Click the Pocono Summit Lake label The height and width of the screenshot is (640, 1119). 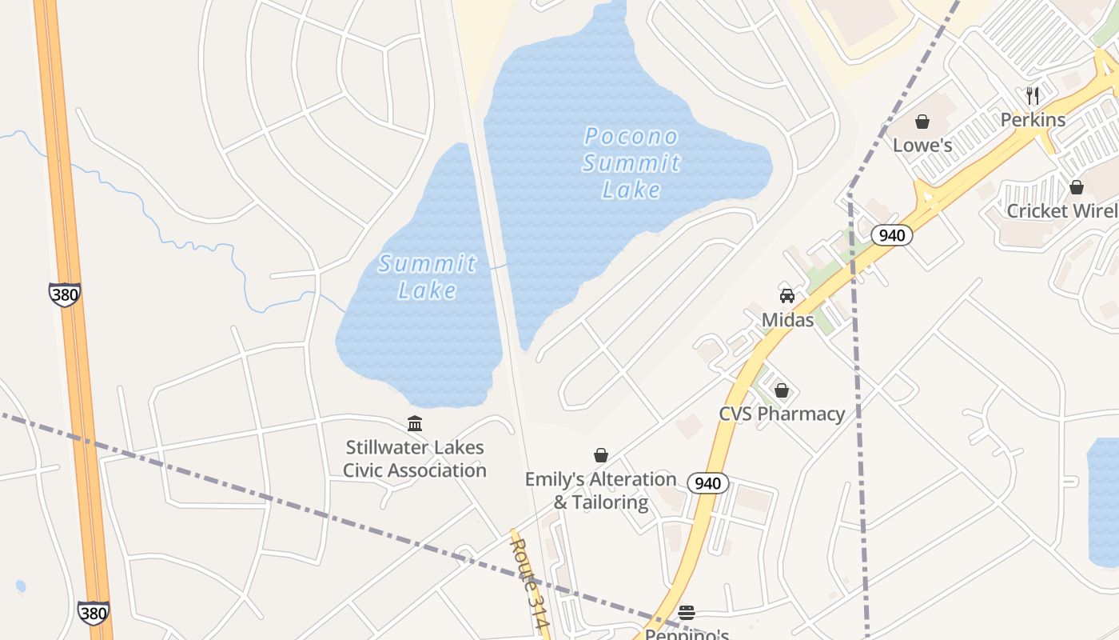[631, 162]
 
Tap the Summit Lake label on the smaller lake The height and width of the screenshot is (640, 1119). [427, 276]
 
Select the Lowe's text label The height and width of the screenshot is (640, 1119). [922, 145]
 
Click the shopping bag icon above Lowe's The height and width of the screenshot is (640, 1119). [922, 122]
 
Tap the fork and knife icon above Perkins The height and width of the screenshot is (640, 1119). [1033, 96]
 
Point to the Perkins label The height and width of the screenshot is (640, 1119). [1033, 119]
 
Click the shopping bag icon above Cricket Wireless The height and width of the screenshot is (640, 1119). [1077, 187]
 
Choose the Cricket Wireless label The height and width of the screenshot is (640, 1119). [1062, 210]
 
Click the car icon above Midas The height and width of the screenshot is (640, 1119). [787, 296]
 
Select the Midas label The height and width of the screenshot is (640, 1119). [787, 320]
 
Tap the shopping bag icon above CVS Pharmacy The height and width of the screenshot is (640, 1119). [782, 390]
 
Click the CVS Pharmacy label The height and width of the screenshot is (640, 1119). [782, 414]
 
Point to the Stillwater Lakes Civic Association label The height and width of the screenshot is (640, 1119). [415, 458]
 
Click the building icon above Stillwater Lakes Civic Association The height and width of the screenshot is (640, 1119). [415, 423]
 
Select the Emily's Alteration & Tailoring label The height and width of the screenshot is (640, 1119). [601, 490]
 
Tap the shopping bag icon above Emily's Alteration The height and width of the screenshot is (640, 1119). [601, 455]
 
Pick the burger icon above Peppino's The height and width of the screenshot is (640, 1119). [687, 613]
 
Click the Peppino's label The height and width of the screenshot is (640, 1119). [687, 634]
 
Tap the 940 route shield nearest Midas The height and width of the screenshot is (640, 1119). [892, 234]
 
